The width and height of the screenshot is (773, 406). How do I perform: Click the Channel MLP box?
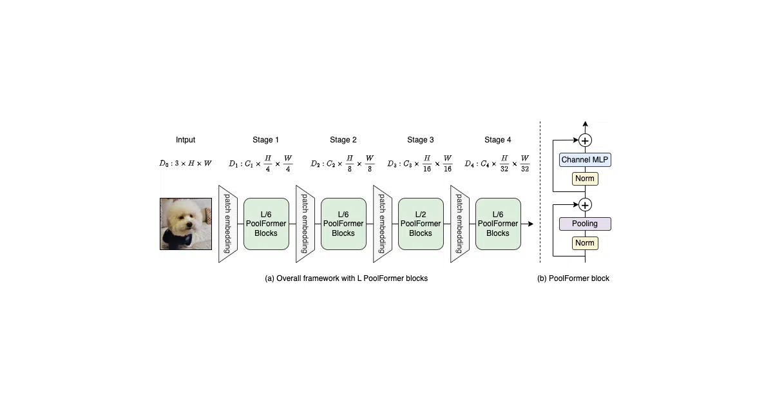click(585, 160)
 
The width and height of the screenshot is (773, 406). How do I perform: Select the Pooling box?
click(585, 224)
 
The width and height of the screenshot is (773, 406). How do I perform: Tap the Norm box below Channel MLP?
click(585, 179)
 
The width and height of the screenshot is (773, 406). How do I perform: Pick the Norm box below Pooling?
click(585, 243)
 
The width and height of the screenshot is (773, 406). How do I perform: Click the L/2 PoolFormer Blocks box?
click(421, 224)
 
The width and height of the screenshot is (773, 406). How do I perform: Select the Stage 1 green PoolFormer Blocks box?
click(266, 224)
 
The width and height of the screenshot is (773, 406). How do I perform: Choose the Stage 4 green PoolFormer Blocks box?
click(498, 224)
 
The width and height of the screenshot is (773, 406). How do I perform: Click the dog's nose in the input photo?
click(189, 226)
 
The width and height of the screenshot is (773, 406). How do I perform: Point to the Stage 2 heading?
click(343, 140)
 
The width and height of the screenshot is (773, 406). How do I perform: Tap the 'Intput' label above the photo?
click(186, 140)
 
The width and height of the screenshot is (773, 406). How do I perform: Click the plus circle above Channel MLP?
click(585, 140)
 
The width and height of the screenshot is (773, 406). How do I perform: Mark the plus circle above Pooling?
click(585, 205)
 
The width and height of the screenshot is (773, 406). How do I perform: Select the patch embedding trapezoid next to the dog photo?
click(228, 224)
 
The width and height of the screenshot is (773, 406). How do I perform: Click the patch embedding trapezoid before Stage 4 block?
click(460, 224)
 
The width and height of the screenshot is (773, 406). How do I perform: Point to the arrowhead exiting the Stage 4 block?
click(531, 224)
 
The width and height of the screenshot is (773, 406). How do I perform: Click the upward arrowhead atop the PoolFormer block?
click(585, 124)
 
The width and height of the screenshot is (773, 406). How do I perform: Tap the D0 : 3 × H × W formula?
click(186, 163)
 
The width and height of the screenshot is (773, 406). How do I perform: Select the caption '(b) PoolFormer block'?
click(573, 278)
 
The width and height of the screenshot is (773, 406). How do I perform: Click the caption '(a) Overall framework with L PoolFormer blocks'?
click(346, 278)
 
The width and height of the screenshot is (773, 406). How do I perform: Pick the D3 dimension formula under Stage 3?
click(419, 163)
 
